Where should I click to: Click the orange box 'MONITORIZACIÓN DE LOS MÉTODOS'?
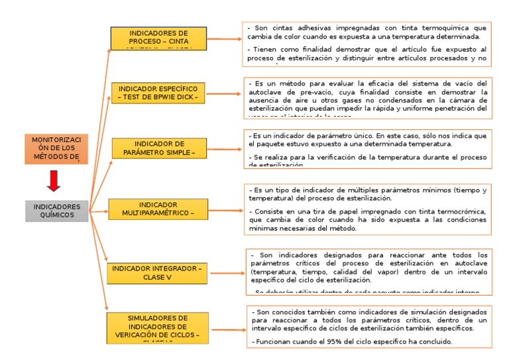point(56,149)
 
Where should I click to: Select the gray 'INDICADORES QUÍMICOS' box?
point(56,211)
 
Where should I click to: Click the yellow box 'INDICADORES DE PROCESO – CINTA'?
point(158,38)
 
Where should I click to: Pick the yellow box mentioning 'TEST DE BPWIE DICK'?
point(158,93)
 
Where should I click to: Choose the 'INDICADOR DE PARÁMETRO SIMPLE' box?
point(158,148)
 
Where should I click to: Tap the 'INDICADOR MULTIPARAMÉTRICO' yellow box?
point(158,209)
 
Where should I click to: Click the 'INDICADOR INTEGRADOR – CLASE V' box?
point(158,272)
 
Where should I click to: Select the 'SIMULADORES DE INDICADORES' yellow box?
point(158,328)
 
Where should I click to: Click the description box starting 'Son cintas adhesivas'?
point(367,43)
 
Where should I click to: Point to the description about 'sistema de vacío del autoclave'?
point(367,97)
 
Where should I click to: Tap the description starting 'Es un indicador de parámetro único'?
point(367,147)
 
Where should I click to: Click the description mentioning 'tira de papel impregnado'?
point(367,209)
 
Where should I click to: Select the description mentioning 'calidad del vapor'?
point(367,271)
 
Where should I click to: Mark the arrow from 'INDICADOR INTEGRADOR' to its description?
point(225,272)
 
